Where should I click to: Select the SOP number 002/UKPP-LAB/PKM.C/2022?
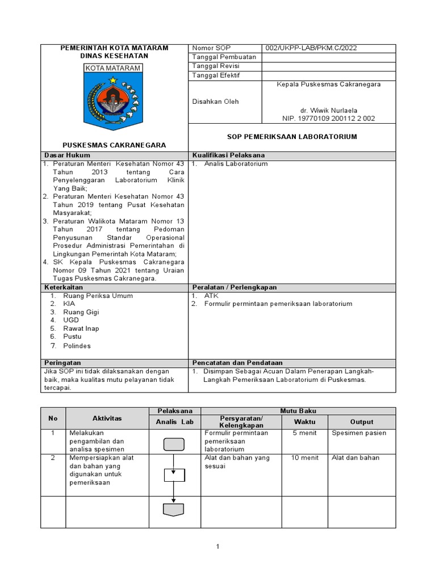307,48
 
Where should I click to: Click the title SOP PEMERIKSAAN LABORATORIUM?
292,137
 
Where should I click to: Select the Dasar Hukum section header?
67,155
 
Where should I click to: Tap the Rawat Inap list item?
81,329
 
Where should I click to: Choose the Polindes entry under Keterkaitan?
77,346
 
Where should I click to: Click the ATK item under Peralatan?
211,296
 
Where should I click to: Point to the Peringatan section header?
62,363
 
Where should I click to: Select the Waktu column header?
305,422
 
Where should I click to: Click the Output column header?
362,422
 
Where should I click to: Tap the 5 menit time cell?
305,433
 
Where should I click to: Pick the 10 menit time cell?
305,458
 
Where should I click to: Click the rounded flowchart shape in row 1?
174,444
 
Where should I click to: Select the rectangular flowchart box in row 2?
174,475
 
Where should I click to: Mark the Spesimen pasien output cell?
359,433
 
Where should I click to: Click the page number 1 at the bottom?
217,547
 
